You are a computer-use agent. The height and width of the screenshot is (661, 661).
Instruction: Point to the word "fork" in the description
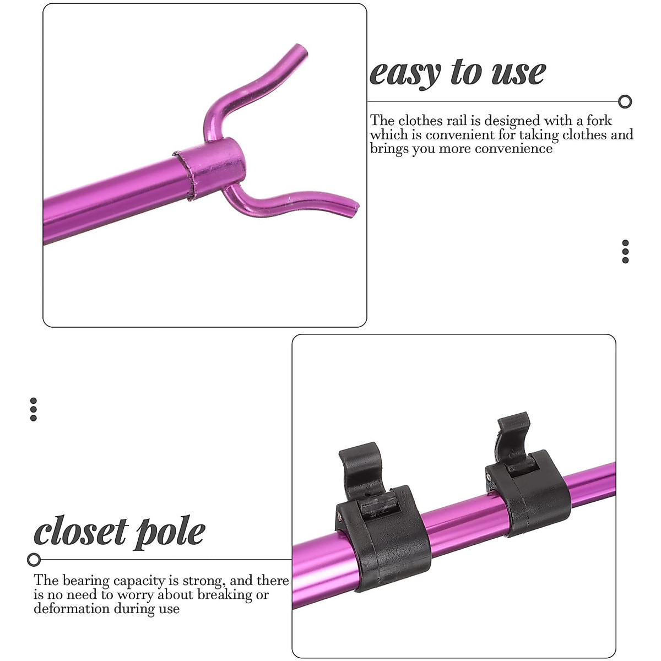tap(599, 121)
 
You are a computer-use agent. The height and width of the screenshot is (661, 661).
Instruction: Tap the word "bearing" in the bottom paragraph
tap(86, 581)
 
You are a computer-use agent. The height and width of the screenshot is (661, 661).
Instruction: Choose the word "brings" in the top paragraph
tap(389, 149)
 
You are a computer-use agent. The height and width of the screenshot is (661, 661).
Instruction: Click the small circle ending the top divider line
tap(625, 101)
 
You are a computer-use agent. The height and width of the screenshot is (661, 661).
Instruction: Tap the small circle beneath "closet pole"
tap(34, 560)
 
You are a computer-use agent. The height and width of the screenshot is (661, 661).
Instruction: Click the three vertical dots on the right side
tap(625, 251)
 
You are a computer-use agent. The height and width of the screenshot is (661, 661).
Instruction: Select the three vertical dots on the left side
tap(34, 409)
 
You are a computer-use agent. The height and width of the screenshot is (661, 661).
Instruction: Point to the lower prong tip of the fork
tap(354, 207)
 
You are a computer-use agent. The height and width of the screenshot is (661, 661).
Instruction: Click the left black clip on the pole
tap(380, 518)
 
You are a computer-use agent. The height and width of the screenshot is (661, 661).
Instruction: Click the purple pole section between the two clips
tap(463, 515)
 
